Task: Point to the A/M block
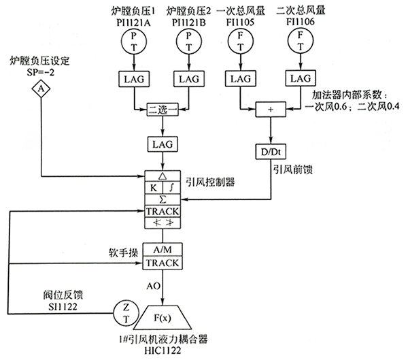tap(162, 250)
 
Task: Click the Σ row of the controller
tap(162, 199)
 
